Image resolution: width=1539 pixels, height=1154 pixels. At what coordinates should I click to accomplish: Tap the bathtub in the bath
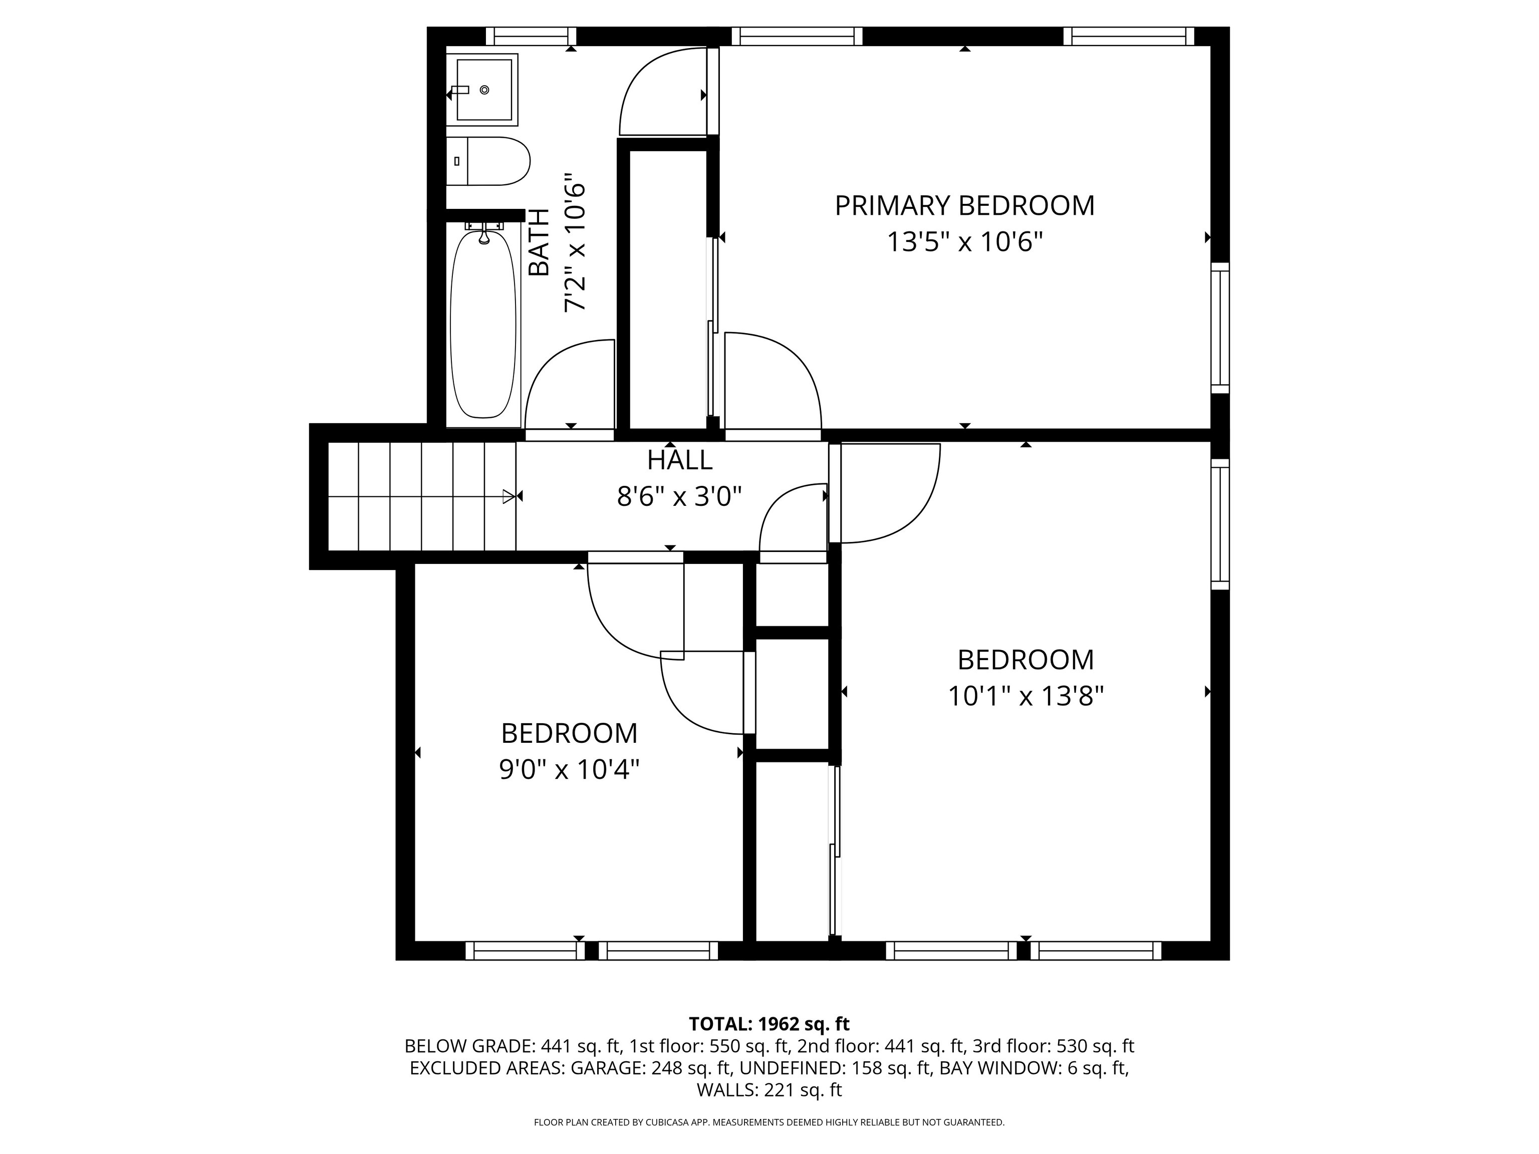pos(483,325)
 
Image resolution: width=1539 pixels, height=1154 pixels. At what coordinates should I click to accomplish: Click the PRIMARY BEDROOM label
pos(964,206)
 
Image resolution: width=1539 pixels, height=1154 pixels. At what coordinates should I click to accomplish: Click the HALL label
pos(680,460)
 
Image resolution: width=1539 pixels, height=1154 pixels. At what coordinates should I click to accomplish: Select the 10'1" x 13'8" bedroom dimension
pos(1026,696)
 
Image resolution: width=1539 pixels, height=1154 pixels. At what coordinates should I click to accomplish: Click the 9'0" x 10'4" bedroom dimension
pos(569,769)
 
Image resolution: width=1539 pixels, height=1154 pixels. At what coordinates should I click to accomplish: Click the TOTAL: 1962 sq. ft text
pos(769,1024)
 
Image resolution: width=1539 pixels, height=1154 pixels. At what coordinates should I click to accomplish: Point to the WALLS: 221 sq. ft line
pos(769,1090)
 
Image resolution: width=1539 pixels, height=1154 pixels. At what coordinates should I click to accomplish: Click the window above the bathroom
pos(531,36)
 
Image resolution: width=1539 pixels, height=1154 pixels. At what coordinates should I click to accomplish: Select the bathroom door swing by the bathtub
pos(570,385)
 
